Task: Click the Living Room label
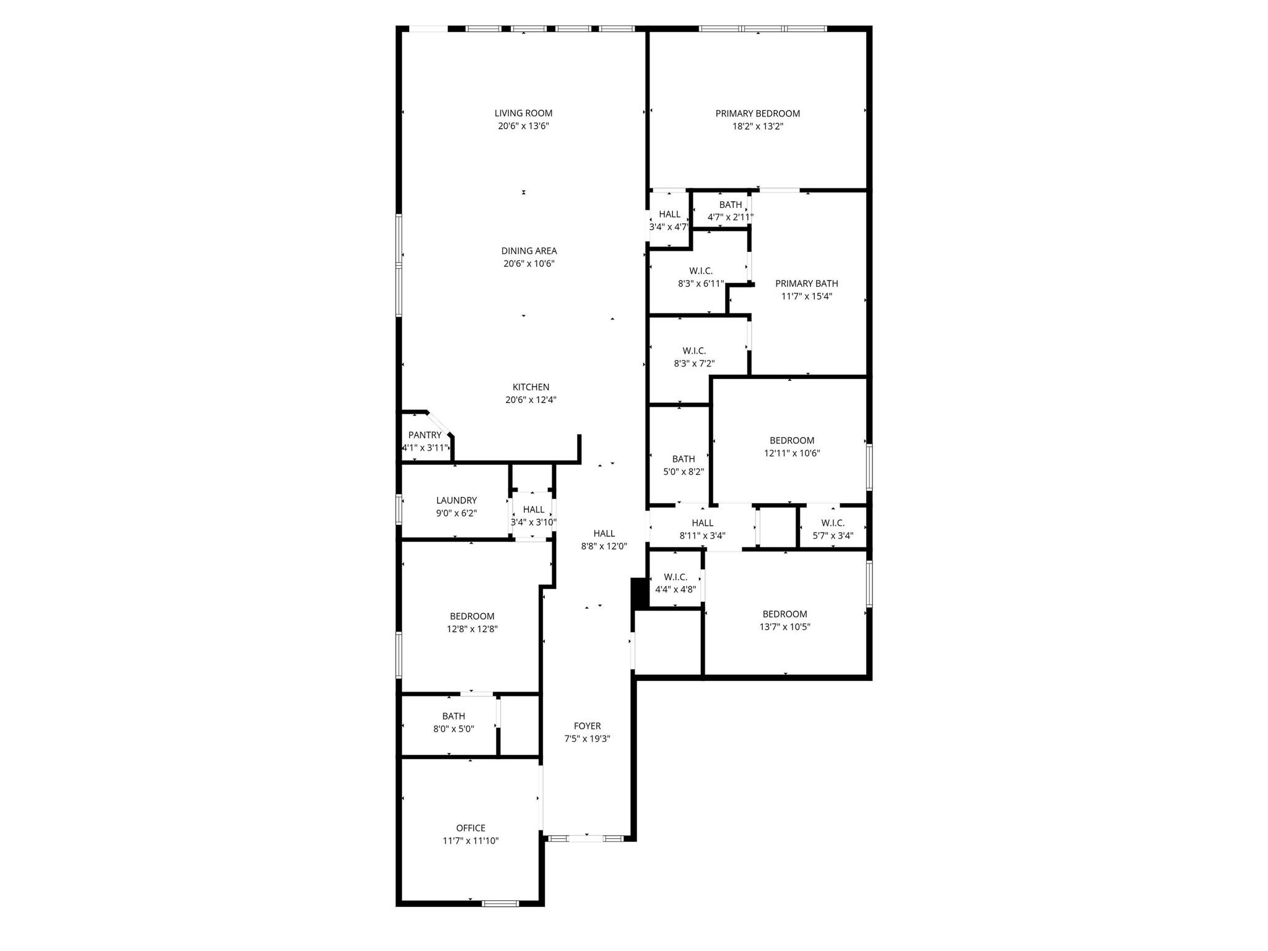523,113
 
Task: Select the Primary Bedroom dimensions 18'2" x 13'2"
758,126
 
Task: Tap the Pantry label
425,435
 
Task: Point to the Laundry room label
456,500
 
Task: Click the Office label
471,828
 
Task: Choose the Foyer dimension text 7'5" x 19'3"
587,739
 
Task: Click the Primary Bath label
806,284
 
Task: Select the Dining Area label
529,251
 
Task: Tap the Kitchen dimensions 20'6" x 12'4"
531,400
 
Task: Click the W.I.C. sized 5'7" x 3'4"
833,529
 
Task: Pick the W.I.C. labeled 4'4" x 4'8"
675,583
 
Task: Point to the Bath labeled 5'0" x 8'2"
684,465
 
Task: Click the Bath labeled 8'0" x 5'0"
453,723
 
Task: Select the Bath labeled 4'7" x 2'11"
731,211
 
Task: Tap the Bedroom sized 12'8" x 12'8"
472,622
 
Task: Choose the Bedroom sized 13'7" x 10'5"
784,620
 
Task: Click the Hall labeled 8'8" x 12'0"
604,540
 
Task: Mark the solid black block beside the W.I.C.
639,593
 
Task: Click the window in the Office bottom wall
500,903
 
